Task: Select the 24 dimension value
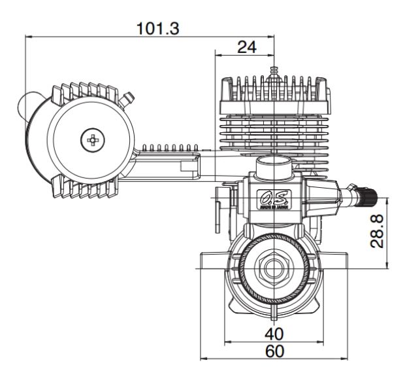tap(246, 47)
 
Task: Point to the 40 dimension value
tap(274, 334)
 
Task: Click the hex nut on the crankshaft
tap(274, 266)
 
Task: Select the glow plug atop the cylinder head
tap(274, 71)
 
